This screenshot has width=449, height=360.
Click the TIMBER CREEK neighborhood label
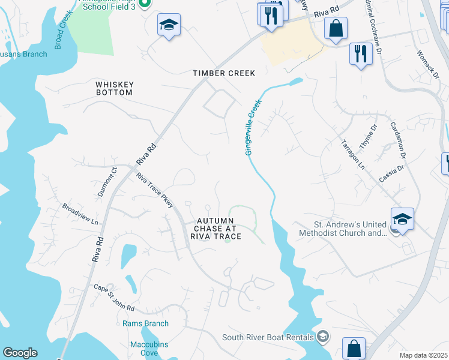point(224,73)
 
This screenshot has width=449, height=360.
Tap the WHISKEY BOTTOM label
point(115,89)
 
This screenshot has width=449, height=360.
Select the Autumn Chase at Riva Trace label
point(215,229)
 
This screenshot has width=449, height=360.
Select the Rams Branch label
point(145,324)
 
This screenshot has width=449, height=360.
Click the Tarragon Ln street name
point(353,154)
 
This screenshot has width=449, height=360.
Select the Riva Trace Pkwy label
point(155,191)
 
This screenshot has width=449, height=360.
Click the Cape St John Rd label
point(114,297)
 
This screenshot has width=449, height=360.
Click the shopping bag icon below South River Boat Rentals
point(354,347)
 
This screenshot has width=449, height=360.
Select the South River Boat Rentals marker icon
point(324,335)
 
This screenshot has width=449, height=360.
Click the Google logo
point(20,353)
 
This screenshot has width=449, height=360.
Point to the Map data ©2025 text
point(423,355)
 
